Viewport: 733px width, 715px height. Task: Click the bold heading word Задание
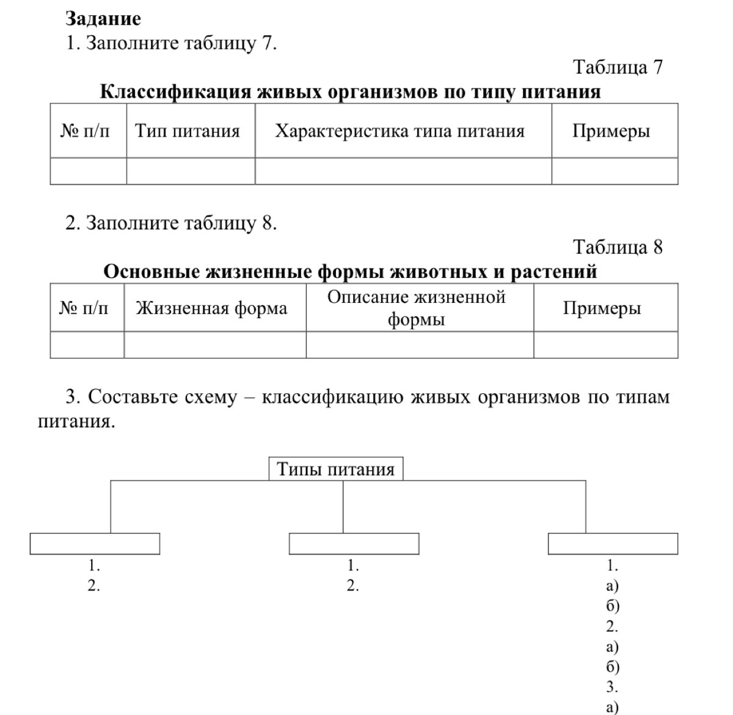tap(103, 19)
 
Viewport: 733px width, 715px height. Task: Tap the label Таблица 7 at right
tap(618, 67)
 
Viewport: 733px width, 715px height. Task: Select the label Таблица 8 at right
tap(618, 247)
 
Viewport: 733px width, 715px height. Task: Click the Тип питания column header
tap(188, 131)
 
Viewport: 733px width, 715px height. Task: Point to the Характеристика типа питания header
tap(399, 131)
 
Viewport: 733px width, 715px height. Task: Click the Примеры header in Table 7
tap(611, 131)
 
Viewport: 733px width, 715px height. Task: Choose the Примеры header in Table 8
tap(602, 308)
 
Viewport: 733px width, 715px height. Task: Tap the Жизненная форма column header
tap(211, 308)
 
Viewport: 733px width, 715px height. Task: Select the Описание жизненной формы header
tap(417, 308)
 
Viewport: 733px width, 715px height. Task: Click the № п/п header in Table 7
tap(86, 131)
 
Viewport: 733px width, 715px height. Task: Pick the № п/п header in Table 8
tap(84, 308)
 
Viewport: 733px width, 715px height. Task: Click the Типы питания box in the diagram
tap(335, 470)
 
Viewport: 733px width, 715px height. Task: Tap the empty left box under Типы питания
tap(95, 543)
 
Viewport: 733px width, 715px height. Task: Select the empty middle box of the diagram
tap(354, 543)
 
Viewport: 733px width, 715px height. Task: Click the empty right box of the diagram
tap(613, 543)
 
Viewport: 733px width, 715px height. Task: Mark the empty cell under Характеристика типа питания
tap(403, 171)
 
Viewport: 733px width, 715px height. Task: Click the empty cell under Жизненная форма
tap(214, 345)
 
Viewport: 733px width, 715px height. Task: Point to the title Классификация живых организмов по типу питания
tap(350, 92)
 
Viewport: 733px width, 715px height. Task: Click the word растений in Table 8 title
tap(553, 272)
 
